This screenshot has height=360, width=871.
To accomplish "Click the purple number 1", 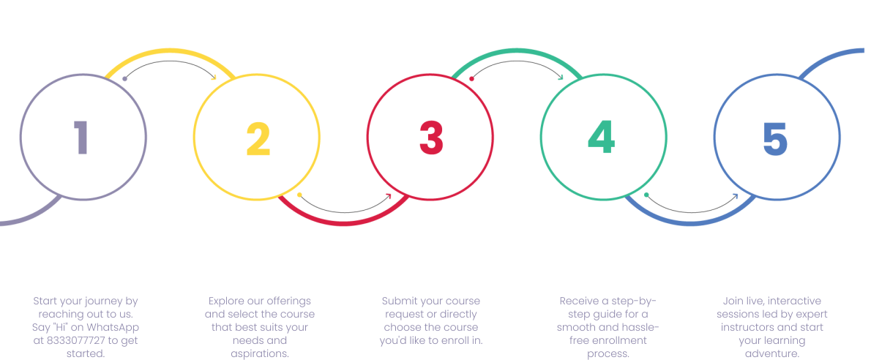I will pyautogui.click(x=81, y=138).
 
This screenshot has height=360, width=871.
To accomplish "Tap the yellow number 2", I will pyautogui.click(x=258, y=139).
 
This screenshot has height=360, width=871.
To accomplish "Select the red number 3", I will pyautogui.click(x=431, y=138).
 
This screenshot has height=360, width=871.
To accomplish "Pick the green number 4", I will pyautogui.click(x=601, y=138).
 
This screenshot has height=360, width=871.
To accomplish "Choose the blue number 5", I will pyautogui.click(x=775, y=138).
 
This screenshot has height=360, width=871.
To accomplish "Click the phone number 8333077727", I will pyautogui.click(x=73, y=340).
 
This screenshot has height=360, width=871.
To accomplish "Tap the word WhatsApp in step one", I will pyautogui.click(x=115, y=327).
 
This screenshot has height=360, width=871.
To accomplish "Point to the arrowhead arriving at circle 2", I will pyautogui.click(x=214, y=77).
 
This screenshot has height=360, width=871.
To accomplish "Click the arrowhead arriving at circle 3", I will pyautogui.click(x=389, y=195).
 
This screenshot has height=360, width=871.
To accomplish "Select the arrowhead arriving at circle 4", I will pyautogui.click(x=561, y=77).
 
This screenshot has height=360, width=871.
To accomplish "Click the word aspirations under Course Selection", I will pyautogui.click(x=259, y=353).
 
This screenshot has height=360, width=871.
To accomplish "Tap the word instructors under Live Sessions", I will pyautogui.click(x=747, y=327).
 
